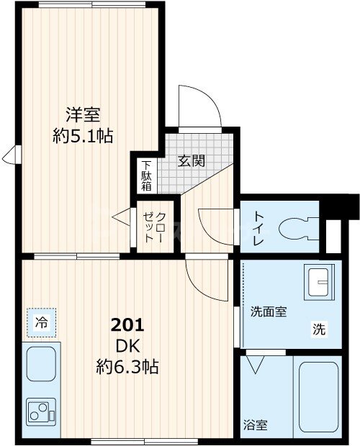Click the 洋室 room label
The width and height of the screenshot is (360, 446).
[84, 114]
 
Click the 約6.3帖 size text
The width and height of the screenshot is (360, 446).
[127, 367]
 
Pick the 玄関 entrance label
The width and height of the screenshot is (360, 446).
[192, 160]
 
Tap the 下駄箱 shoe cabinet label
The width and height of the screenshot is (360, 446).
[146, 175]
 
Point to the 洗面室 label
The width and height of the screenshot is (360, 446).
[269, 312]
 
